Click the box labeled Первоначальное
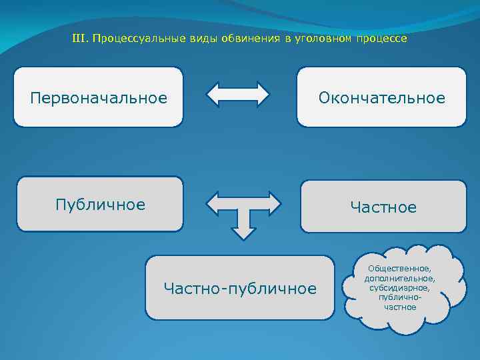[98, 97]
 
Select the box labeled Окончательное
[381, 97]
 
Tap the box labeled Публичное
[99, 204]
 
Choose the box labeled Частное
[383, 207]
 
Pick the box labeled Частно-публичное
[240, 288]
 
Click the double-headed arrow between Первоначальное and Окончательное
[238, 95]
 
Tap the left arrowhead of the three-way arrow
[215, 202]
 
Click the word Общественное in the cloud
[399, 268]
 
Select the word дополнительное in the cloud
[399, 278]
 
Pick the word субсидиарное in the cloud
[399, 288]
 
